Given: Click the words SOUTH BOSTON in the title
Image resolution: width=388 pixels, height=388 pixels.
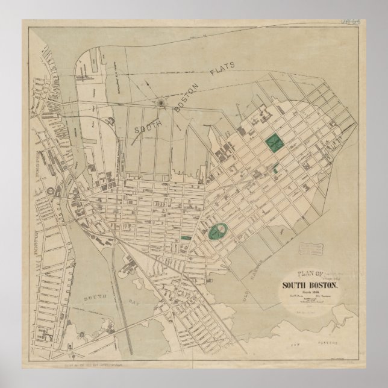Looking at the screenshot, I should (310, 286).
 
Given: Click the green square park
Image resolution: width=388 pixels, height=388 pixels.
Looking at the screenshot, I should (275, 143).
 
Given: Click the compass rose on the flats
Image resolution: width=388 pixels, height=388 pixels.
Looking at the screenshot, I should (161, 104).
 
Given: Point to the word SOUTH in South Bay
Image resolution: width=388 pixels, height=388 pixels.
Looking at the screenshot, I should (95, 298).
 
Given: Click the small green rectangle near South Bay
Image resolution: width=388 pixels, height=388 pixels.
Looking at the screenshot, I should (186, 239).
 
